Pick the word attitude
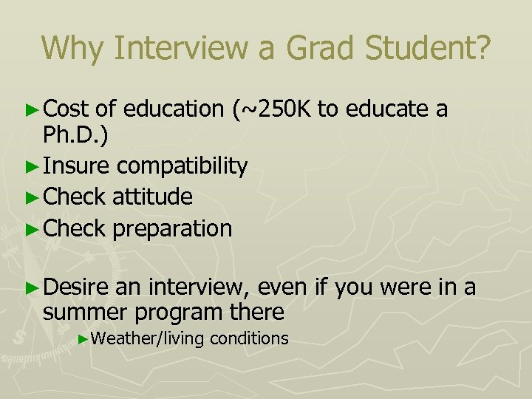pyautogui.click(x=153, y=197)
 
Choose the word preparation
pyautogui.click(x=172, y=229)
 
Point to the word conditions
pyautogui.click(x=249, y=338)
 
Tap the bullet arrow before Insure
pyautogui.click(x=35, y=166)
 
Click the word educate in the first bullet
pyautogui.click(x=389, y=109)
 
